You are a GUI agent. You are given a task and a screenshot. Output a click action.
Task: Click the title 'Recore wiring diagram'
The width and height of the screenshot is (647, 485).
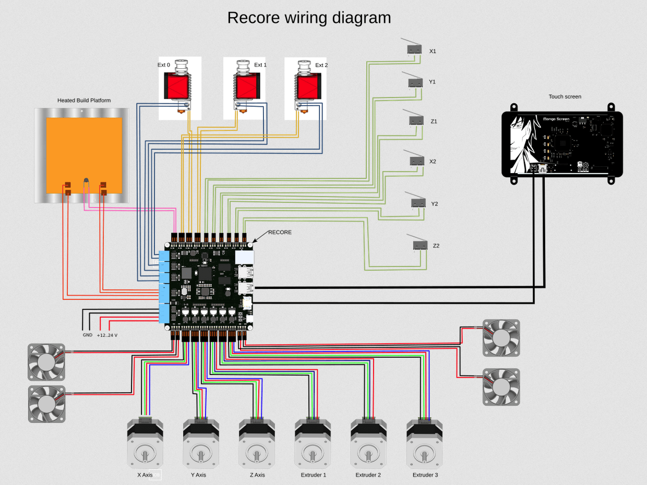tap(309, 18)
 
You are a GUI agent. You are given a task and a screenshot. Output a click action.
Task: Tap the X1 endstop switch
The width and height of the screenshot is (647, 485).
tap(414, 49)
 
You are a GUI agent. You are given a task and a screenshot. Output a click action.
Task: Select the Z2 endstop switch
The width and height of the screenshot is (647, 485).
tap(420, 245)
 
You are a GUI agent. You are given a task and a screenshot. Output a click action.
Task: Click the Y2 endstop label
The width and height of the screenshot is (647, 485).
tap(434, 204)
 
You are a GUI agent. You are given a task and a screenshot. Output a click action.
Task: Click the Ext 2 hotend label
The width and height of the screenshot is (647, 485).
tap(321, 65)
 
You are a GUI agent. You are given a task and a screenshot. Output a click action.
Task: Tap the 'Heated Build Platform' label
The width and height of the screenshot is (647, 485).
tap(84, 100)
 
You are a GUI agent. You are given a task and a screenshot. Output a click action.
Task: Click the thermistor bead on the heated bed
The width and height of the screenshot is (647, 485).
tap(86, 180)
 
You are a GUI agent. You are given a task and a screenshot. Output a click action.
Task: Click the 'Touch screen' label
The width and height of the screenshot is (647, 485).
tap(565, 96)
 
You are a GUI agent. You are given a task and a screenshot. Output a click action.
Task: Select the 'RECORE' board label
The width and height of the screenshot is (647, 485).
tap(280, 232)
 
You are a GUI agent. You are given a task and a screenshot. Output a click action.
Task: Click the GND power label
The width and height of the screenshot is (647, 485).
tap(87, 335)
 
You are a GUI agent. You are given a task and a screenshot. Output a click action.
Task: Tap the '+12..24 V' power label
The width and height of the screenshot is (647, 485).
tap(107, 335)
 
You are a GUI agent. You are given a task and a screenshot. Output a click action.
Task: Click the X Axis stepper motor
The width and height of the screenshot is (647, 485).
tap(145, 443)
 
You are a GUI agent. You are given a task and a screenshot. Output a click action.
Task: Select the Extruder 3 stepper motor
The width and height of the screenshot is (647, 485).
tap(424, 443)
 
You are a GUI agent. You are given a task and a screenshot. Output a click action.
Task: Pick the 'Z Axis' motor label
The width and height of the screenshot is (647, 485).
tap(257, 475)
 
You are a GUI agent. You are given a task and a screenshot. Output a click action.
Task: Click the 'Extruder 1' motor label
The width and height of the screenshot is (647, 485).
tap(314, 475)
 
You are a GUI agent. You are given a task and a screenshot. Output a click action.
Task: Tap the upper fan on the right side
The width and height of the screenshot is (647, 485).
tap(501, 337)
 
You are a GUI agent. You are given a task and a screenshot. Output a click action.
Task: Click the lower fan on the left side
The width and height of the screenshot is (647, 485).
tap(46, 404)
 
